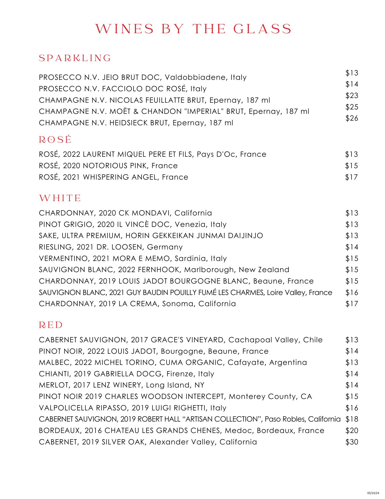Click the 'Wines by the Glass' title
click(194, 29)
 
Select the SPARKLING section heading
click(75, 58)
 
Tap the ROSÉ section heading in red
click(55, 140)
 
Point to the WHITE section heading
click(60, 198)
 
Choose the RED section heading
click(51, 325)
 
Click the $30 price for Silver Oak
click(352, 442)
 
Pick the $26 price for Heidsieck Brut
click(352, 119)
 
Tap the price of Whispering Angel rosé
click(352, 177)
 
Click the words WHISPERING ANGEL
click(120, 177)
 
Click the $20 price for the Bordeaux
click(352, 431)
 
